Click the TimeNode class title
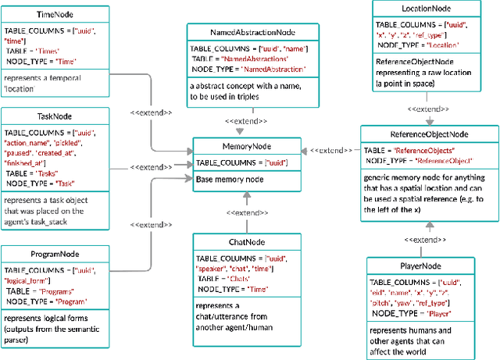(55, 15)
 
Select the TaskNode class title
(55, 115)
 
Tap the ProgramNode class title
(55, 254)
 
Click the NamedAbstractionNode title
(252, 34)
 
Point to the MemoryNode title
(242, 146)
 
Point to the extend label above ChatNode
(248, 212)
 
